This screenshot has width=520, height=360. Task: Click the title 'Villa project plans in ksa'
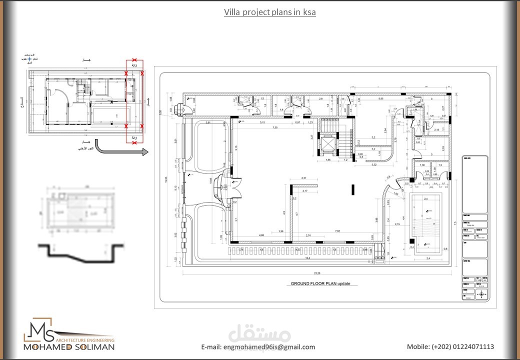269,12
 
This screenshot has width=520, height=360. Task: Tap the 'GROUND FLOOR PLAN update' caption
320,283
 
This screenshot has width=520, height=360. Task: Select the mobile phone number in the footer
450,347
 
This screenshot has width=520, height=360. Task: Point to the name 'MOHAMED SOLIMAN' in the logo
69,347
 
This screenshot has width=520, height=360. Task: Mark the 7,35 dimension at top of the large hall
274,128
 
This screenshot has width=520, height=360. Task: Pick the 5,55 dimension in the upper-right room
380,99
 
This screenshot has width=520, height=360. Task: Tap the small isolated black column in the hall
353,189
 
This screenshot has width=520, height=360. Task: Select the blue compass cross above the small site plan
29,59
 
